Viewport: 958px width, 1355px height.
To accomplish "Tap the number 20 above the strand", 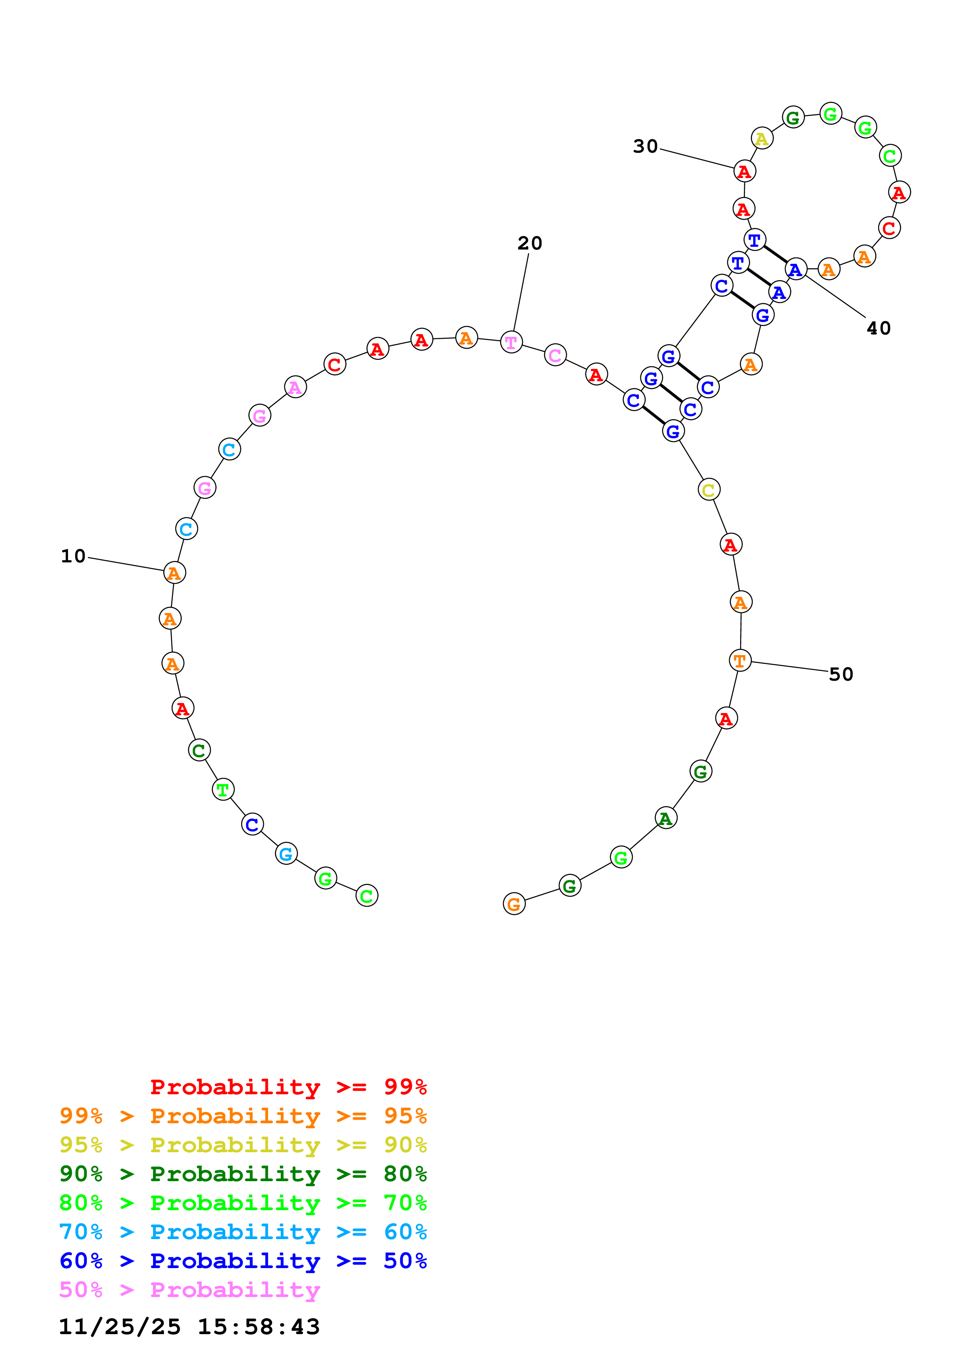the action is point(529,243).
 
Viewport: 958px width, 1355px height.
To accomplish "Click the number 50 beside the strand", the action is point(841,674).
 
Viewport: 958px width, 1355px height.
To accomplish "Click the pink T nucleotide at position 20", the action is point(511,342).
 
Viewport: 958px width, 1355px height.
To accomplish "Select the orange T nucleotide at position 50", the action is point(740,661).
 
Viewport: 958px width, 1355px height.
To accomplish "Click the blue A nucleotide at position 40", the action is point(796,269).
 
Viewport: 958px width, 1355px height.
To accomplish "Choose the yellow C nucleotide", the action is point(708,489).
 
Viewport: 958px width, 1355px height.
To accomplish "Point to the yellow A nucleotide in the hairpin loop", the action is point(761,139).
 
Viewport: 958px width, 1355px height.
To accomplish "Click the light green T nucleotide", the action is point(223,789).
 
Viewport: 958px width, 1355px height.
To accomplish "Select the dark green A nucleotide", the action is point(666,818).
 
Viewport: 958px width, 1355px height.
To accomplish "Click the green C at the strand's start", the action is point(367,896).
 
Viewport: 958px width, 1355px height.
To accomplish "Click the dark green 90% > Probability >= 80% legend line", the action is point(243,1174).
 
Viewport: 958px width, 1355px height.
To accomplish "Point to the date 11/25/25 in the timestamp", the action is point(119,1327).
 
